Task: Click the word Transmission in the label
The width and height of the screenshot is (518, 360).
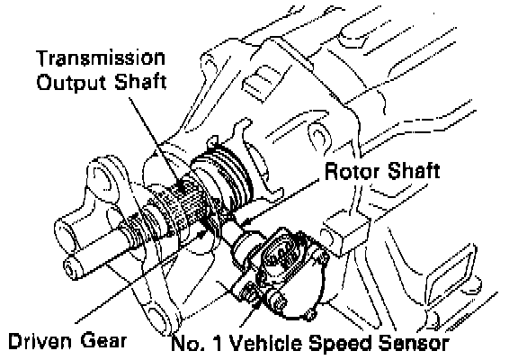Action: point(101,58)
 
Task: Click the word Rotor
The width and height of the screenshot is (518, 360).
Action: point(353,172)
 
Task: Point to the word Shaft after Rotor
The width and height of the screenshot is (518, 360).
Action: point(414,171)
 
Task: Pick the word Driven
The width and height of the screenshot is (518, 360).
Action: point(40,341)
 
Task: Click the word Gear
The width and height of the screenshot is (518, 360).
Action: point(103,341)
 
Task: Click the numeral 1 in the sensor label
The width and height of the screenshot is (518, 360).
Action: point(217,344)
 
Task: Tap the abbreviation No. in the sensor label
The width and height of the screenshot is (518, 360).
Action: point(187,344)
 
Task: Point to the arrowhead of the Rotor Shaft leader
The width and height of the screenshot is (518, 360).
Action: point(242,224)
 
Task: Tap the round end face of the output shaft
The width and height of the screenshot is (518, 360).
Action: point(70,266)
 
